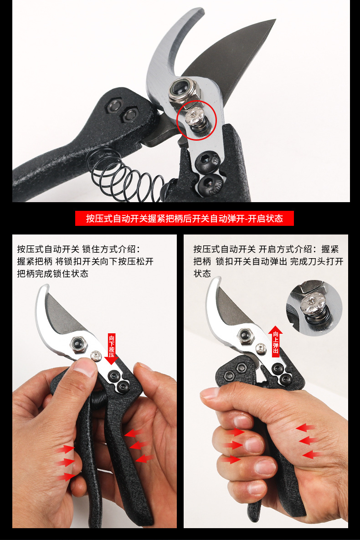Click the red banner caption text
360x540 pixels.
click(184, 219)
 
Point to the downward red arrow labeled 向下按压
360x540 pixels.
click(111, 348)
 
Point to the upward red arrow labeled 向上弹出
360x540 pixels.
click(276, 341)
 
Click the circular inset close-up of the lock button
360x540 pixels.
click(314, 308)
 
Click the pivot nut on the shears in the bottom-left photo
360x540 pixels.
click(79, 344)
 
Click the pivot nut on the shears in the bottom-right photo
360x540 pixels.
click(246, 336)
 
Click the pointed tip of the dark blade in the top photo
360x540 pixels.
click(276, 20)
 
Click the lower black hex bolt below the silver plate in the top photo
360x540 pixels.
click(211, 183)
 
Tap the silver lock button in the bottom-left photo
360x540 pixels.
click(96, 356)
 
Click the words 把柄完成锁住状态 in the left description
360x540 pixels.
click(53, 274)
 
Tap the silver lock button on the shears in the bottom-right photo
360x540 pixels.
click(261, 349)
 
